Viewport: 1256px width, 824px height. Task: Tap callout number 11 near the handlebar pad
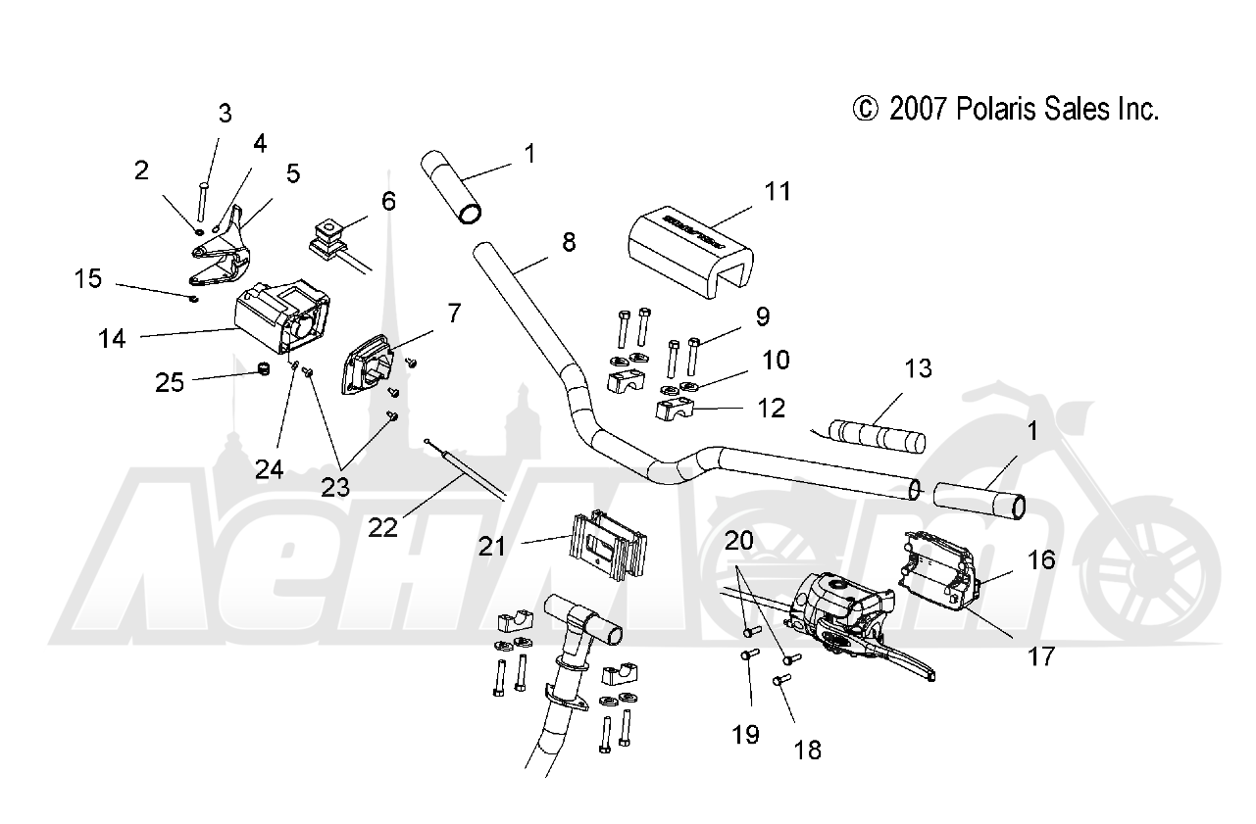pos(777,191)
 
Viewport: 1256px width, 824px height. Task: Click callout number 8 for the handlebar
pos(570,241)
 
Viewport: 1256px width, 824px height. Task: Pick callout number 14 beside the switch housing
pos(112,339)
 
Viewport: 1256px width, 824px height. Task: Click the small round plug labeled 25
pos(262,369)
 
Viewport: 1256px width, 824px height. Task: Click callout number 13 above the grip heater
pos(918,368)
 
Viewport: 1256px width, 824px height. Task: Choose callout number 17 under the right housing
pos(1040,654)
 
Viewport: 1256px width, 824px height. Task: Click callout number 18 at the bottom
pos(807,751)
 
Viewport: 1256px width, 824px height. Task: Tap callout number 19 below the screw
pos(745,734)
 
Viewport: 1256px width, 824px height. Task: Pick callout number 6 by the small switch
pos(388,202)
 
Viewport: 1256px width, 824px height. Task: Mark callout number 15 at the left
pos(87,279)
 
